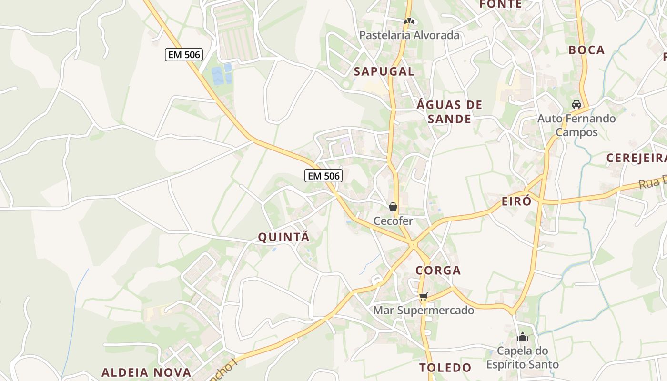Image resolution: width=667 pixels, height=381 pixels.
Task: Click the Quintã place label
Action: coord(283,237)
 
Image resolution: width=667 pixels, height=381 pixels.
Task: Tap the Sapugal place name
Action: coord(384,72)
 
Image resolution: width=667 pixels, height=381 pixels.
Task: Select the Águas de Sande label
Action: coord(449,112)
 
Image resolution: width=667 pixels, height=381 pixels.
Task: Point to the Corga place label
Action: coord(438,271)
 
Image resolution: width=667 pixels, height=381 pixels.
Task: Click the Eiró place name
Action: coord(516,201)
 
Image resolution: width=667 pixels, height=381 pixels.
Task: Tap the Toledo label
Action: coord(445,368)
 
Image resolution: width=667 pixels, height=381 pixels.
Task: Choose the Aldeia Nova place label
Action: coord(146,372)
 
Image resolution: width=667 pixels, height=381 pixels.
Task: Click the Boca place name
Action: coord(586,50)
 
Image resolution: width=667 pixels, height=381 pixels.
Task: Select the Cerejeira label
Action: coord(636,158)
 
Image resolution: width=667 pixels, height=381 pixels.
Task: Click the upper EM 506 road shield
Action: coord(184,55)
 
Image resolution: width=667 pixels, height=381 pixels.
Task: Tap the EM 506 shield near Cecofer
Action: coord(323,176)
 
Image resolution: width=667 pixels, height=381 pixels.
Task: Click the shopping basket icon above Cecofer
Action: coord(393,207)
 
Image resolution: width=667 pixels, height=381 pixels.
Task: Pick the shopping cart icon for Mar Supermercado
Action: coord(423,297)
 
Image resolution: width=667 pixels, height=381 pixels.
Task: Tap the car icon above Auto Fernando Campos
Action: coord(576,104)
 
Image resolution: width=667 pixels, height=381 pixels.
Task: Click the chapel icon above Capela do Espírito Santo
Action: coord(522,337)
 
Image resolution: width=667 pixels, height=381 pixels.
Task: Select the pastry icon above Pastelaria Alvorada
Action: coord(409,21)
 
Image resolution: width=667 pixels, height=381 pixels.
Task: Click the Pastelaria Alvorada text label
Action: coord(409,35)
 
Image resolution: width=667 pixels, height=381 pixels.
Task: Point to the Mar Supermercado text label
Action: coord(424,311)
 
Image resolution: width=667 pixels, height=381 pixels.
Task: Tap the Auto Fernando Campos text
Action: coord(576,125)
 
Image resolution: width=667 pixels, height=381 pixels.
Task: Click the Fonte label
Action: coord(500,4)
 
